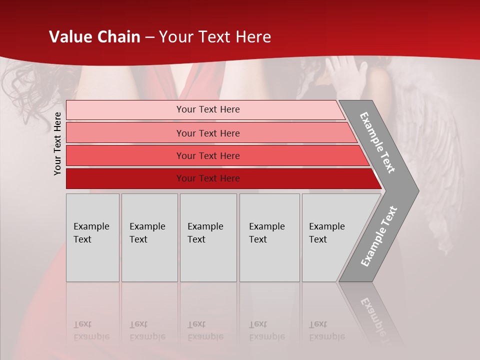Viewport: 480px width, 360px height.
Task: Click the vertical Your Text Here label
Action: point(57,143)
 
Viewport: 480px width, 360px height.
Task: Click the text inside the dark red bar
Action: point(208,178)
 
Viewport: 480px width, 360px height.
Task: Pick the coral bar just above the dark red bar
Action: point(208,156)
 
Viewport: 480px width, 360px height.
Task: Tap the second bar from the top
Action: point(208,133)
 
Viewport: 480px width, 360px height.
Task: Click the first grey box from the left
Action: point(92,237)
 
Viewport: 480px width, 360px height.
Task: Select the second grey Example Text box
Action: point(149,237)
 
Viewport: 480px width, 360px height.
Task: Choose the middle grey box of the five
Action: point(208,237)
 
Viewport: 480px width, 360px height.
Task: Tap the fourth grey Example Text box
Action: point(269,237)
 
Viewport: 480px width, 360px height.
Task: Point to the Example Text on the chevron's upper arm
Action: point(377,142)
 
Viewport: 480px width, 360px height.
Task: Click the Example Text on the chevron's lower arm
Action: point(379,236)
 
